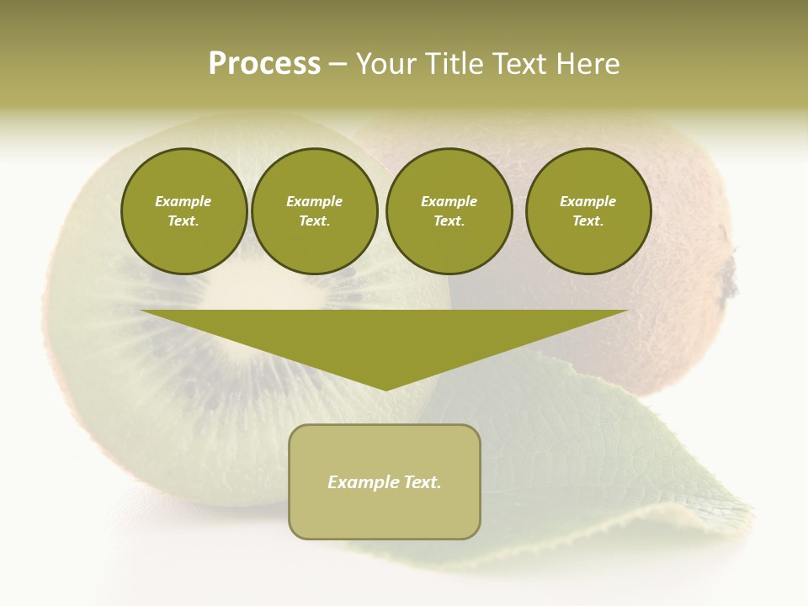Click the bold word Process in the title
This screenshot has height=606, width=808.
[x=264, y=64]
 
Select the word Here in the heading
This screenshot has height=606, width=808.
[x=587, y=64]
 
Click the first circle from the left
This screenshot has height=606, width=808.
[x=183, y=211]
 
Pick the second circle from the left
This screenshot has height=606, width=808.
[x=314, y=211]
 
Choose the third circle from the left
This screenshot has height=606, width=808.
[x=449, y=211]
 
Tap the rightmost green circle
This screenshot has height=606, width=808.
[x=587, y=211]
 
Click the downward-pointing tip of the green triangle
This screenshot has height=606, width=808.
[x=385, y=388]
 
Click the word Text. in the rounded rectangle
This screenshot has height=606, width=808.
[x=422, y=482]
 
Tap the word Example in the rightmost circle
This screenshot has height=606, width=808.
[x=587, y=201]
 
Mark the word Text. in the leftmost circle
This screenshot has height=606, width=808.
[x=183, y=221]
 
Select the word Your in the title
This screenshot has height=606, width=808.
[x=388, y=64]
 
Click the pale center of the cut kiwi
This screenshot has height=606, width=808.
[x=252, y=290]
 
